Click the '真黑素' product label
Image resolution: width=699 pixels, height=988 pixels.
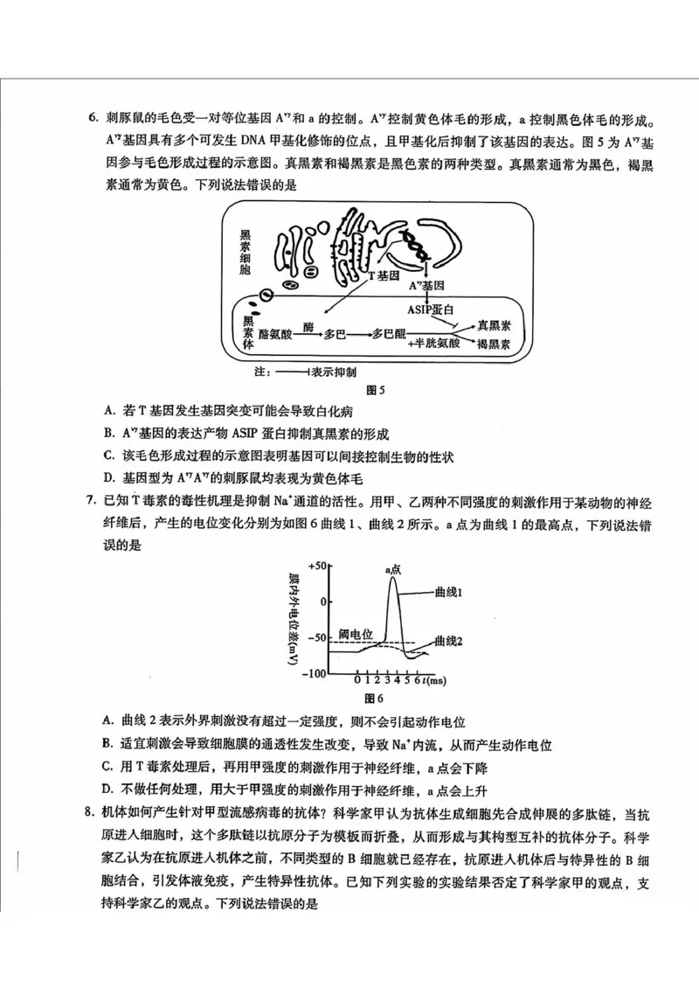coord(494,325)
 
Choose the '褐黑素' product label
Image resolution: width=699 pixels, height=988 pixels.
coord(494,345)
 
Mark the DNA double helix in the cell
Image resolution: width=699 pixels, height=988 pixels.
coord(415,240)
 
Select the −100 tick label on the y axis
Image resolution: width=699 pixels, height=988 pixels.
coord(315,673)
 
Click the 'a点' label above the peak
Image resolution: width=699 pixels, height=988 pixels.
coord(393,569)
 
